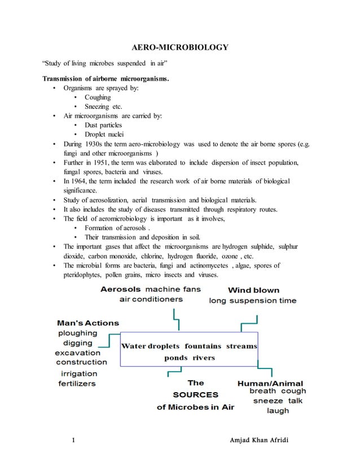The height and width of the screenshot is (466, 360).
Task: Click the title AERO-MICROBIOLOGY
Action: point(179,47)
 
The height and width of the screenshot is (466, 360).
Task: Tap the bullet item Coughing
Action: point(98,97)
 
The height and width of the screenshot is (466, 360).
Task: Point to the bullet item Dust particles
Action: point(103,125)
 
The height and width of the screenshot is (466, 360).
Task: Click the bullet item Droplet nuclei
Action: point(104,134)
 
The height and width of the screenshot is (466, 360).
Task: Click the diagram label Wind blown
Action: point(253,290)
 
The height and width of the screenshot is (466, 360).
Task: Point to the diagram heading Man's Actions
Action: point(88,323)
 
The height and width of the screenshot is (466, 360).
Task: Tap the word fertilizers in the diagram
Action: point(77,383)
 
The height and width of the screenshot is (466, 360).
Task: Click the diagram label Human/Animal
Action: point(270,383)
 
